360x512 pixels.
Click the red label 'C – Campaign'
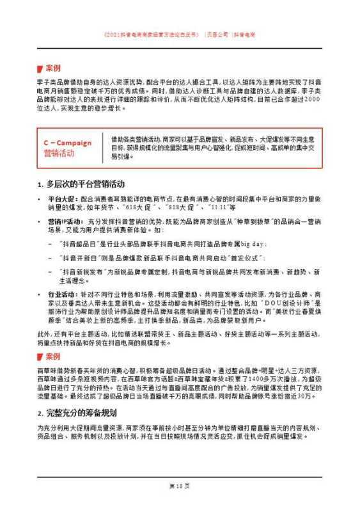pyautogui.click(x=67, y=143)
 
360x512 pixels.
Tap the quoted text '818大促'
pyautogui.click(x=169, y=207)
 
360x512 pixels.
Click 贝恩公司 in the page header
pyautogui.click(x=219, y=33)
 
